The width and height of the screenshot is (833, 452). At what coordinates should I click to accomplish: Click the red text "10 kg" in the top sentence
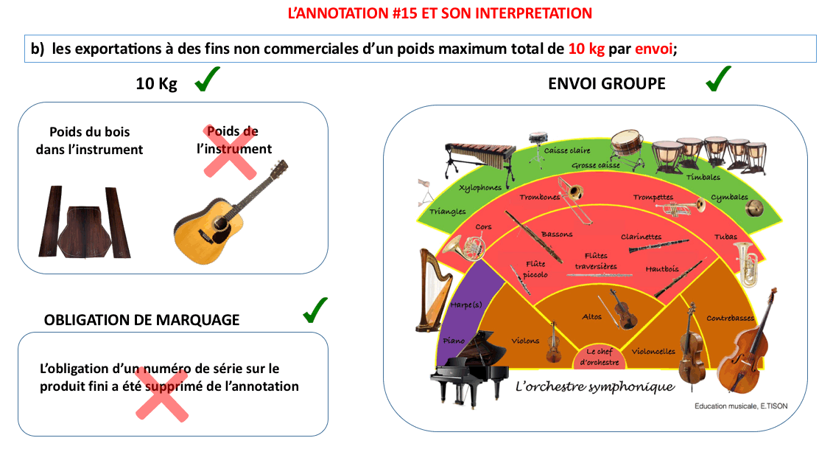[587, 49]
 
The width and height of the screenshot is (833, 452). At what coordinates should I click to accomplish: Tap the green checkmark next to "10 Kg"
[209, 81]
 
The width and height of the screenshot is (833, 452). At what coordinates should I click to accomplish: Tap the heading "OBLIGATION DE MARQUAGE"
[141, 320]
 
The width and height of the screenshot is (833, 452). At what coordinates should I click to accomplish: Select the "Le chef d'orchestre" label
[600, 357]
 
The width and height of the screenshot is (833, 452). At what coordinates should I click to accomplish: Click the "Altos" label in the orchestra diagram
[592, 316]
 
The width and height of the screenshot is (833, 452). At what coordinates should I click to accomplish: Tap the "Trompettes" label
[653, 198]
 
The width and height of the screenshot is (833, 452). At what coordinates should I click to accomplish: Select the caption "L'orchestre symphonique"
[594, 386]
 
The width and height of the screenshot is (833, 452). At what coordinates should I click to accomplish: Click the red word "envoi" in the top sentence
[654, 49]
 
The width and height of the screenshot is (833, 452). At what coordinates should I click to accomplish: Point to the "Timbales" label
[703, 177]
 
